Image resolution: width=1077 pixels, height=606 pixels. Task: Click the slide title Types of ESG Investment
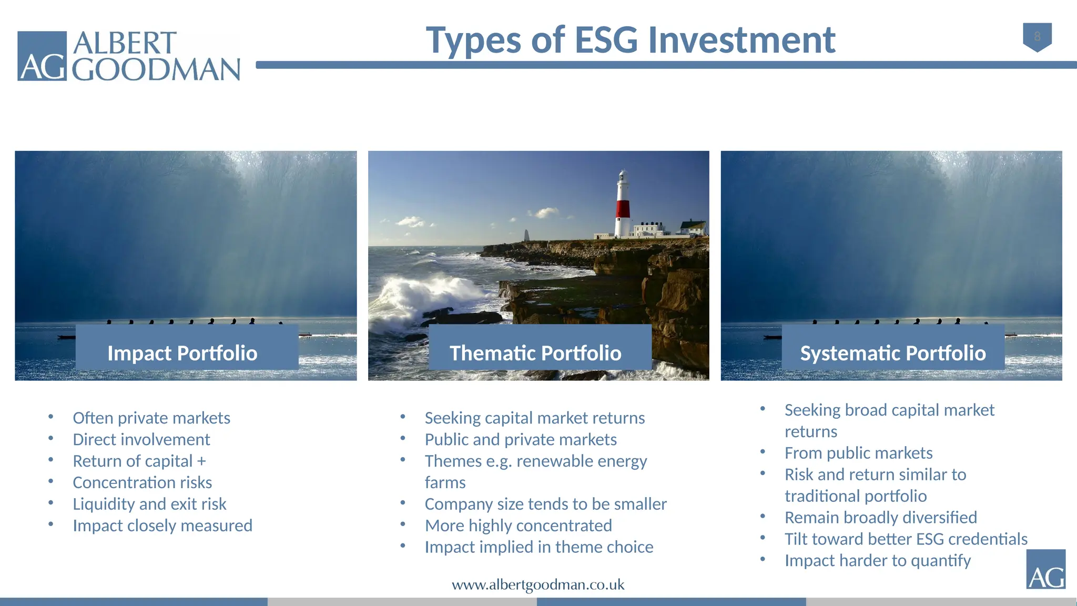[x=630, y=41]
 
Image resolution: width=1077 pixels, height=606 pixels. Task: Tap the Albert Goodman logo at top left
[x=129, y=56]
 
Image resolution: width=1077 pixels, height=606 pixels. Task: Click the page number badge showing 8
[x=1037, y=36]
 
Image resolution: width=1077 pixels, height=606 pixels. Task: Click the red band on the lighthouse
[x=623, y=208]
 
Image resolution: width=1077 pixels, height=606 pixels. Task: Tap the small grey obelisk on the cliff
[x=526, y=235]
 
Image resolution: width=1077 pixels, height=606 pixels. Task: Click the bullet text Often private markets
[x=151, y=418]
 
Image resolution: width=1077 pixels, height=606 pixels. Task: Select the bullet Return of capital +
[x=139, y=461]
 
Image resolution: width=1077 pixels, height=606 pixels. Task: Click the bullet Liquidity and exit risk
[x=149, y=504]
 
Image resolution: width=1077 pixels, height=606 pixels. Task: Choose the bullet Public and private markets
[x=521, y=439]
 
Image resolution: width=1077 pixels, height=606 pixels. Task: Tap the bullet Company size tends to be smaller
[x=545, y=504]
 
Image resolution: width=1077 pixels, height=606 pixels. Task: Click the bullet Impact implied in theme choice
[x=539, y=547]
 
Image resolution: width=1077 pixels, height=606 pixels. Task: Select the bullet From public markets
[x=858, y=453]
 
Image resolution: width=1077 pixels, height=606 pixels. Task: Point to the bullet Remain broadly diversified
[x=880, y=518]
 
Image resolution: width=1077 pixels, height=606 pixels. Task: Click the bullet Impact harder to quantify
[x=877, y=561]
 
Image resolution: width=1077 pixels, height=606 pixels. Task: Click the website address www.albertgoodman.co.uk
[x=538, y=585]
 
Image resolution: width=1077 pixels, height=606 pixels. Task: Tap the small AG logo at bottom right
[x=1045, y=570]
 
